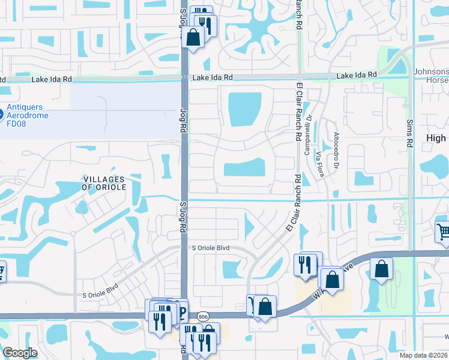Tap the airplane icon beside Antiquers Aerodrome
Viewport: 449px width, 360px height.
pyautogui.click(x=1, y=112)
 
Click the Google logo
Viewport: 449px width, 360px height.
pyautogui.click(x=20, y=353)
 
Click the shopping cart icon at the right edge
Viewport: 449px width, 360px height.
pyautogui.click(x=442, y=232)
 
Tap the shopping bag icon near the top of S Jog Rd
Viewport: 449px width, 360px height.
pyautogui.click(x=193, y=38)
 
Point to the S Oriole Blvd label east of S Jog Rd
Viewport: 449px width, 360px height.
pyautogui.click(x=211, y=248)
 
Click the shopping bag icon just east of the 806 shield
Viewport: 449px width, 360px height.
pyautogui.click(x=265, y=307)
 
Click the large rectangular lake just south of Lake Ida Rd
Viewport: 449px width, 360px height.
pyautogui.click(x=245, y=110)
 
